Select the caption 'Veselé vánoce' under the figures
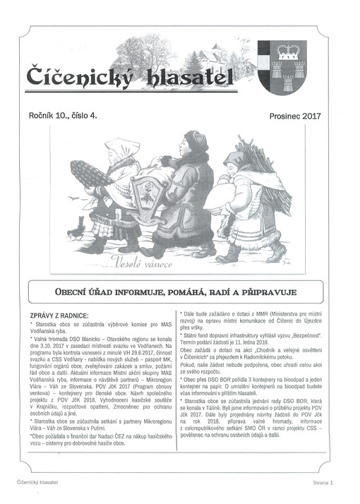point(143,263)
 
